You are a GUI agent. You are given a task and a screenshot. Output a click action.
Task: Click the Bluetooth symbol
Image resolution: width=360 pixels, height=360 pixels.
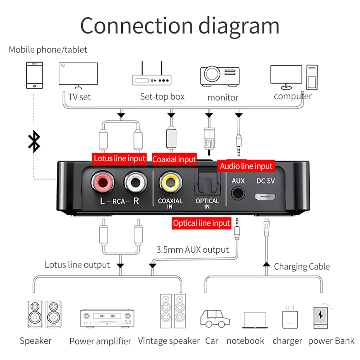pos(35,141)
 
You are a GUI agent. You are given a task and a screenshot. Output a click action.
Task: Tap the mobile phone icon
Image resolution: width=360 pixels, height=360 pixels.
pos(35,75)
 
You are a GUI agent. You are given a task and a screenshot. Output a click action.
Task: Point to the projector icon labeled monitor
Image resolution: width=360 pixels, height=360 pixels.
pos(219,75)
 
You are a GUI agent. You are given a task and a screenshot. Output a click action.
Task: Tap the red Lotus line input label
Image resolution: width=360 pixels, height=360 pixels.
pos(120,158)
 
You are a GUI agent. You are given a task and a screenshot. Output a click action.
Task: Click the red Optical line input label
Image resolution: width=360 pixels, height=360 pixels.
pos(201,223)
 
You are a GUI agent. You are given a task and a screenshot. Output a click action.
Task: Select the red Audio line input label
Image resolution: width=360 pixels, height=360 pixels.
pos(246,166)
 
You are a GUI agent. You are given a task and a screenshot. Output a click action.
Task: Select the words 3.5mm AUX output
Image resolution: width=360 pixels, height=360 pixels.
pos(193,250)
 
